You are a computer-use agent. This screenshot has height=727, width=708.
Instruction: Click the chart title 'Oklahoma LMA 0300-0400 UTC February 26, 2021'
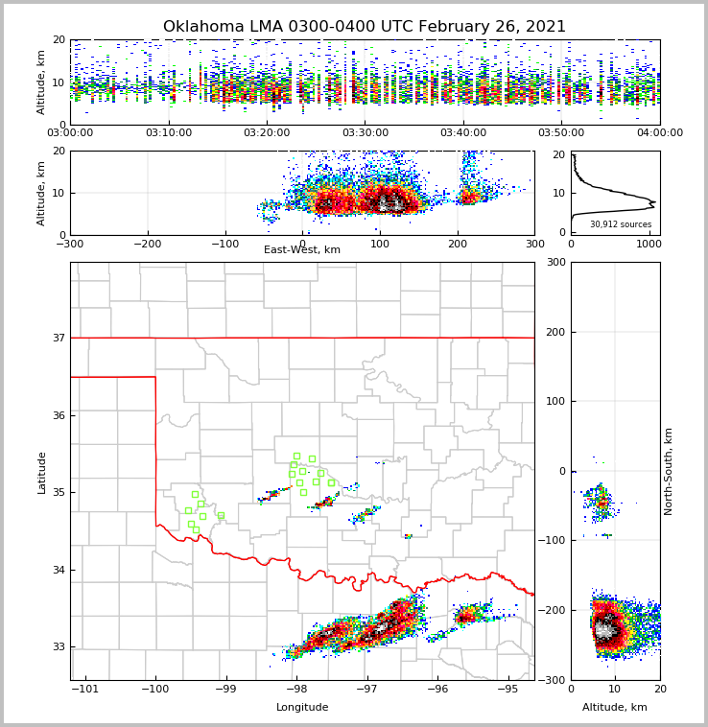[365, 27]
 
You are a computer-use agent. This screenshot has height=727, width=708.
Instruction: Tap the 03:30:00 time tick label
[366, 133]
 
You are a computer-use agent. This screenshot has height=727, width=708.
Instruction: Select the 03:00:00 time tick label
[70, 133]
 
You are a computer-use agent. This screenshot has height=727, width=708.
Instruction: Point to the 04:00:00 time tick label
[660, 133]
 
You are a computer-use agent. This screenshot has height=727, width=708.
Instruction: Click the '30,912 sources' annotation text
[621, 224]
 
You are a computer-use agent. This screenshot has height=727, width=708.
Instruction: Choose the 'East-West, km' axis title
[302, 250]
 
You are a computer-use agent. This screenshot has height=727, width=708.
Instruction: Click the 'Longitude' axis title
[302, 708]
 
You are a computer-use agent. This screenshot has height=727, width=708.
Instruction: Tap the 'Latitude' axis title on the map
[42, 472]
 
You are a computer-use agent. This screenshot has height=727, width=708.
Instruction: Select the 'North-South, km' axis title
[670, 471]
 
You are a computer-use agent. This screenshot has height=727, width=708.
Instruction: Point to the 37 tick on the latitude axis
[58, 338]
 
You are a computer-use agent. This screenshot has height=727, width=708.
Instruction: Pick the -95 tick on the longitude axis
[507, 690]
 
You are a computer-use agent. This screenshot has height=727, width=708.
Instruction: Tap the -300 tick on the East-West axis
[70, 244]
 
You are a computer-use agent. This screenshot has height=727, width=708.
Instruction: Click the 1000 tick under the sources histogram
[649, 244]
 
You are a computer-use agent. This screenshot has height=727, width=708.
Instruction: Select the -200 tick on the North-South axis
[554, 610]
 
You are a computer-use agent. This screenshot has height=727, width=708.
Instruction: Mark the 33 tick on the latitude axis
[58, 647]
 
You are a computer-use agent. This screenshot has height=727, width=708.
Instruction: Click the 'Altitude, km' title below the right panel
[615, 708]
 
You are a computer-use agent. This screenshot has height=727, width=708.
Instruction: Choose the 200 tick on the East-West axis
[457, 244]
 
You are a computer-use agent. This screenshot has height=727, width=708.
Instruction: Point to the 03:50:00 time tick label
[562, 133]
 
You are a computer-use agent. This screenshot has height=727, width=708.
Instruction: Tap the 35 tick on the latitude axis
[58, 493]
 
